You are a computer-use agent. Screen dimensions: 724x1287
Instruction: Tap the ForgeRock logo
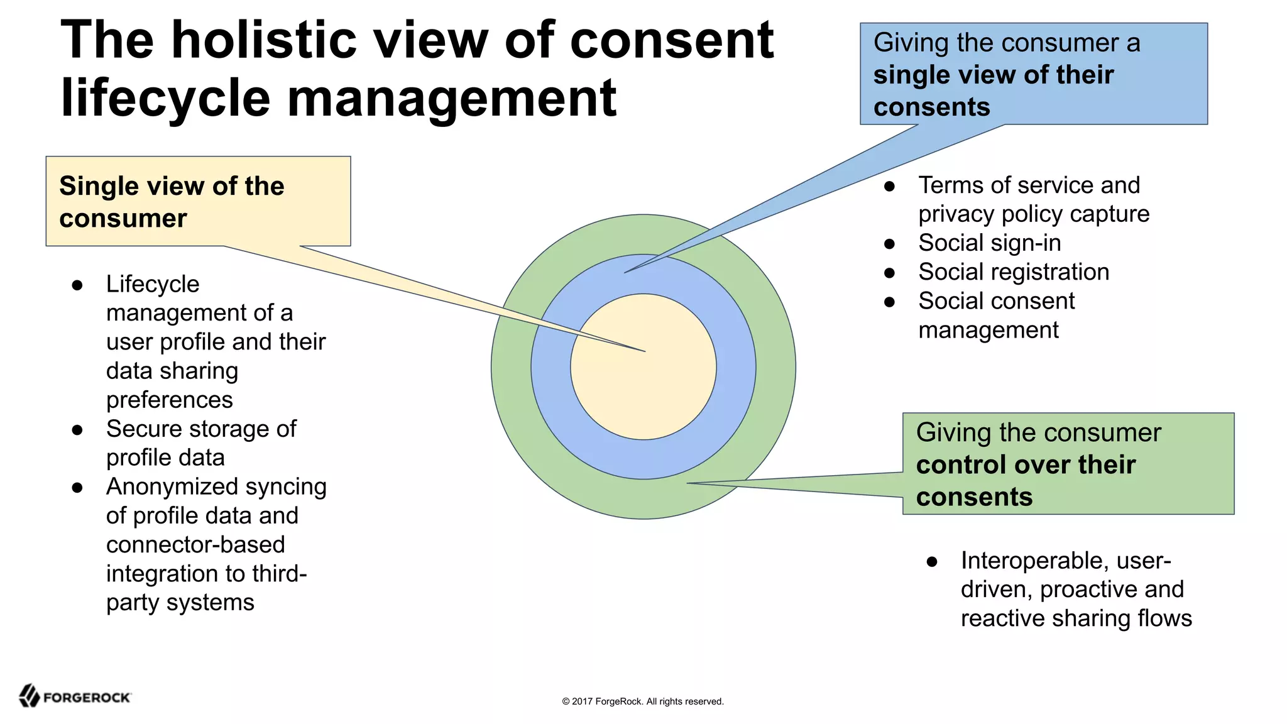tap(75, 696)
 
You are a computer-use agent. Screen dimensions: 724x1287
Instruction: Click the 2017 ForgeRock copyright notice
tap(642, 701)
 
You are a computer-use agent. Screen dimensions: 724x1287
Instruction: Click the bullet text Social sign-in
tap(989, 243)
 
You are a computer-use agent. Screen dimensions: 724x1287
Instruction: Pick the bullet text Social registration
tap(1013, 272)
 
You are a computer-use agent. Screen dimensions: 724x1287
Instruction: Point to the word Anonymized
tap(163, 487)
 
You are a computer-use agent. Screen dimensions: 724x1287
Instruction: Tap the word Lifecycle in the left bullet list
tap(153, 284)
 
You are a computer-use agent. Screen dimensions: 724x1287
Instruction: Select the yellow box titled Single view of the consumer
tap(198, 201)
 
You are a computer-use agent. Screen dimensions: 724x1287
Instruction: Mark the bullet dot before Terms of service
tap(889, 187)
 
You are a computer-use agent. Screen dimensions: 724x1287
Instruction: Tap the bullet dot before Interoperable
tap(932, 562)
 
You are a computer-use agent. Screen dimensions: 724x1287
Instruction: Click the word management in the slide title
tap(451, 98)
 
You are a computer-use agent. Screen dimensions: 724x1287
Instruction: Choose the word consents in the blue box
tap(931, 107)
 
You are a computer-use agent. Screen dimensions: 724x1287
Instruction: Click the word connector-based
tap(195, 545)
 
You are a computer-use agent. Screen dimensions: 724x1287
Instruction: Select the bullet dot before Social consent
tap(889, 302)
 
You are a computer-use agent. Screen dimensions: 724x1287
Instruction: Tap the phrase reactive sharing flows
tap(1076, 618)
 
